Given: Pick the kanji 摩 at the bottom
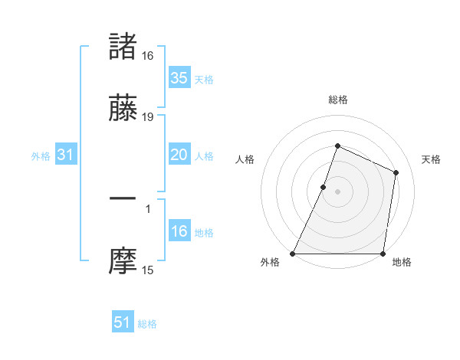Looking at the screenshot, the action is click(123, 261).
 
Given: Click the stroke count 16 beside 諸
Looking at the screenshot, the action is click(148, 56).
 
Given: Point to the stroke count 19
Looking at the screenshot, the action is click(148, 117).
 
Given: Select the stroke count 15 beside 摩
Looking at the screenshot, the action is click(148, 270).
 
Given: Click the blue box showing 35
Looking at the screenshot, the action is click(179, 78).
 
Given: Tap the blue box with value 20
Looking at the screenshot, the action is click(179, 155).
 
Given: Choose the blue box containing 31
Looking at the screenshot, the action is click(65, 155).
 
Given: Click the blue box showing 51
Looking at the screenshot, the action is click(123, 322).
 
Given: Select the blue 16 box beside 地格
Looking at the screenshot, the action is click(179, 231).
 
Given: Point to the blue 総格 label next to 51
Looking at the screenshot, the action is click(147, 324).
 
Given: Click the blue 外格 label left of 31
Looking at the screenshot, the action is click(41, 155).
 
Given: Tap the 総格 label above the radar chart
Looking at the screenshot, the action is click(337, 100).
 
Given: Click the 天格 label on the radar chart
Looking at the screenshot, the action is click(431, 159).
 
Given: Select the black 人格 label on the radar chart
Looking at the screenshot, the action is click(245, 159).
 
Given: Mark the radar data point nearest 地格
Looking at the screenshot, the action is click(383, 254).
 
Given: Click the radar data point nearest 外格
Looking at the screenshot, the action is click(293, 254).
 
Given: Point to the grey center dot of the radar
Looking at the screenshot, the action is click(337, 191).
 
